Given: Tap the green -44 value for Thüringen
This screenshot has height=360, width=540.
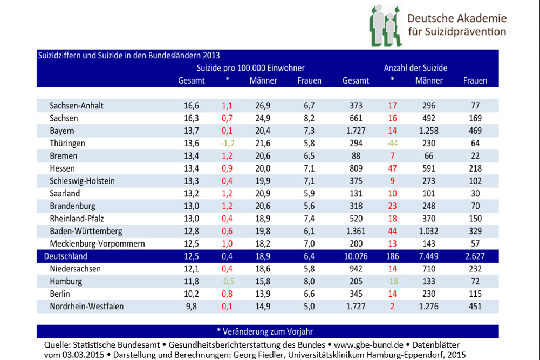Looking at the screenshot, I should [x=393, y=144].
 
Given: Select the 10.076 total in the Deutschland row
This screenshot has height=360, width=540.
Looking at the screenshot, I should [x=356, y=255].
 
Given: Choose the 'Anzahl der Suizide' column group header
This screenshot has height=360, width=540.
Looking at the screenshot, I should [x=415, y=69].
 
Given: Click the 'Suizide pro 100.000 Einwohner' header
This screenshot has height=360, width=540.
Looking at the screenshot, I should [x=251, y=69].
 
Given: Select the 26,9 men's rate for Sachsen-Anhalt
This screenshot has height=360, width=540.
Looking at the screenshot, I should [x=263, y=105].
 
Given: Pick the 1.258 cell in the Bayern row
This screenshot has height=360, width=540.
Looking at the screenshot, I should [x=429, y=131].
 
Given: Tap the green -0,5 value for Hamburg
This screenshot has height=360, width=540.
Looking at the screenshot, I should [x=227, y=281].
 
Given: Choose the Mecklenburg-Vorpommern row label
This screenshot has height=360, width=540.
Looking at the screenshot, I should [x=97, y=243].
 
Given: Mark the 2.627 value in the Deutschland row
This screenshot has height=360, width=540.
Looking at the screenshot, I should [x=475, y=255].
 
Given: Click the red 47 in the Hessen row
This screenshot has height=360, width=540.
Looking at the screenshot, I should [x=393, y=168].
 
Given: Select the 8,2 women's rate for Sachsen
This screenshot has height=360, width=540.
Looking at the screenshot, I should [x=309, y=118].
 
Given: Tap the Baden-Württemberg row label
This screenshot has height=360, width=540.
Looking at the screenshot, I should [x=86, y=230].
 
